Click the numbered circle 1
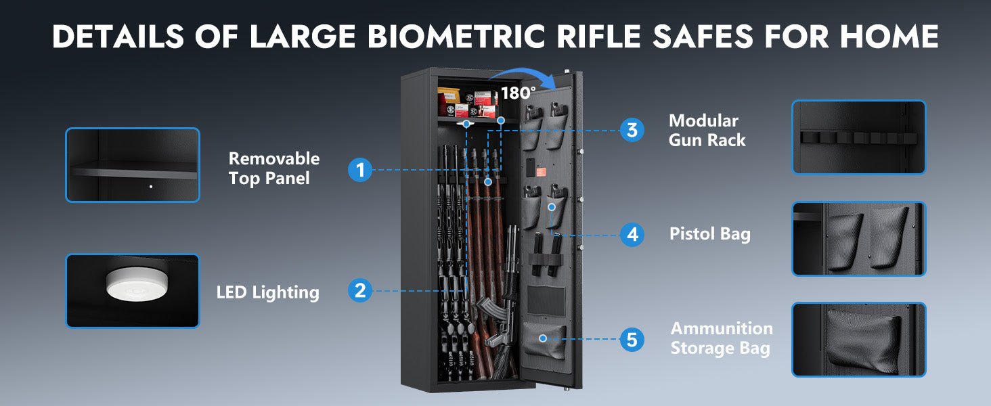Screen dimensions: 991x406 point(360,170)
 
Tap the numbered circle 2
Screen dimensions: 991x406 point(360,290)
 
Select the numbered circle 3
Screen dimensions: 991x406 point(632,130)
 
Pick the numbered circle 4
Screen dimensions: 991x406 point(632,235)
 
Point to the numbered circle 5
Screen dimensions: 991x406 point(632,339)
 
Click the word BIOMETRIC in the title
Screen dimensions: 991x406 point(456,36)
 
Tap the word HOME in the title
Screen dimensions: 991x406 point(889,36)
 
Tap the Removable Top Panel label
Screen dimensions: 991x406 point(274,168)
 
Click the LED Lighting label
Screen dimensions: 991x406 point(267,292)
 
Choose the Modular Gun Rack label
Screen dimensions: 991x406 point(707,131)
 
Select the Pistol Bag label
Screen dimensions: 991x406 point(709,234)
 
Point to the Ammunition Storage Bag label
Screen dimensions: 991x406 point(722,338)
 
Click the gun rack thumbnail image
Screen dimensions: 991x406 point(859,137)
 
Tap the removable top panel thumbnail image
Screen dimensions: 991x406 point(133,165)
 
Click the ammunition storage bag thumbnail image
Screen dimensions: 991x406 point(859,340)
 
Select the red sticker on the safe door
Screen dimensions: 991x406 point(541,172)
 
